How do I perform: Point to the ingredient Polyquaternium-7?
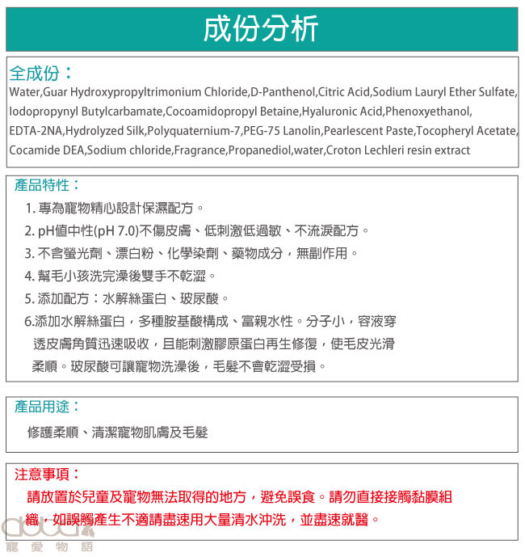[189, 131]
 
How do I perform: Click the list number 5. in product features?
[30, 299]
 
